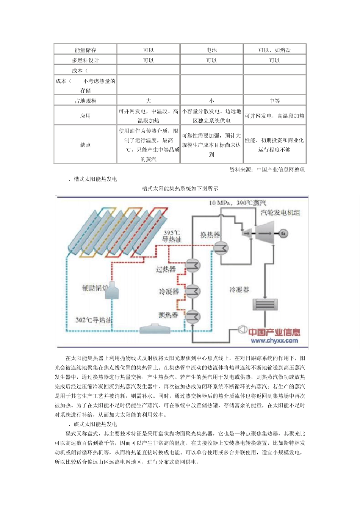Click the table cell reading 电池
pyautogui.click(x=211, y=50)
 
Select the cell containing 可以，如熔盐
pyautogui.click(x=274, y=50)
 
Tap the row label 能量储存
pyautogui.click(x=85, y=50)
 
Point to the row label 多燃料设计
pyautogui.click(x=85, y=60)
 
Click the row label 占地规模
pyautogui.click(x=85, y=101)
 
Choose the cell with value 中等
pyautogui.click(x=274, y=101)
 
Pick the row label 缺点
pyautogui.click(x=85, y=145)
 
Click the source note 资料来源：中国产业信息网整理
pyautogui.click(x=267, y=170)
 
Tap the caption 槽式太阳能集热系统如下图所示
pyautogui.click(x=180, y=189)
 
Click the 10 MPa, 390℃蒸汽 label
pyautogui.click(x=238, y=203)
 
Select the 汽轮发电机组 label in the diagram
pyautogui.click(x=280, y=213)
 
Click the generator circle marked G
pyautogui.click(x=283, y=233)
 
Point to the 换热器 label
pyautogui.click(x=210, y=235)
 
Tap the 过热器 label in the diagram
pyautogui.click(x=166, y=270)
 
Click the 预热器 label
pyautogui.click(x=168, y=315)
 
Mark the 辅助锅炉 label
pyautogui.click(x=94, y=288)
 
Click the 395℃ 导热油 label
pyautogui.click(x=172, y=236)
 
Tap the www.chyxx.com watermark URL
pyautogui.click(x=274, y=340)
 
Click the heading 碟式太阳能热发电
pyautogui.click(x=95, y=424)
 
